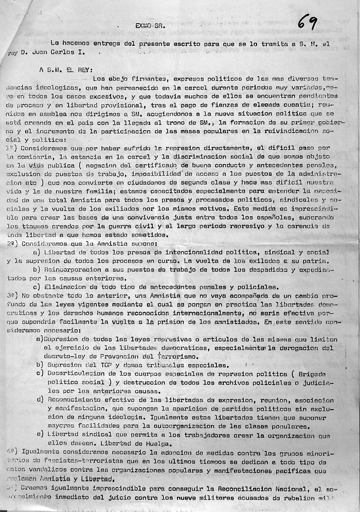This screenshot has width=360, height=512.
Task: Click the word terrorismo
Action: pyautogui.click(x=177, y=356)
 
